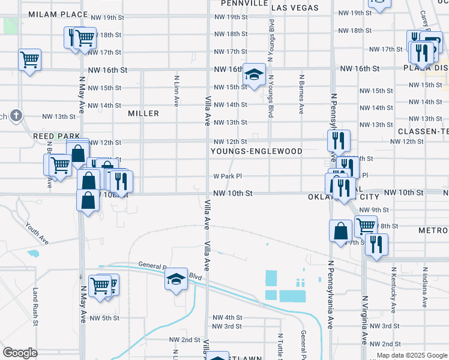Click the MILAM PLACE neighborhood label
point(58,14)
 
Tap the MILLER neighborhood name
point(143,113)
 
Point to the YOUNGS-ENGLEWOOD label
point(256,152)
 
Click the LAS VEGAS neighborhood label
point(295,8)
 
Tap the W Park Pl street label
point(228,176)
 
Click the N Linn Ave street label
point(176,91)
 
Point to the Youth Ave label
point(37,233)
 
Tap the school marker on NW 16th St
point(255,76)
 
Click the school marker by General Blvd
point(176,279)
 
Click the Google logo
point(20,353)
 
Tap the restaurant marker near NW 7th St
point(376,244)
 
